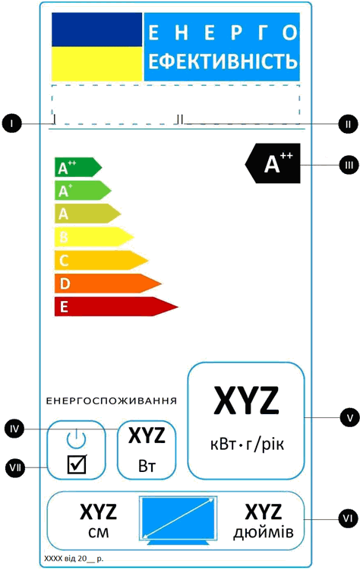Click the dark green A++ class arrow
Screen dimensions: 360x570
[x=77, y=167]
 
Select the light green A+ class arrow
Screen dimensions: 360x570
[x=83, y=191]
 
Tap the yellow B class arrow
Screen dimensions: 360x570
[x=93, y=237]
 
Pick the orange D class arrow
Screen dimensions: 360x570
[x=108, y=283]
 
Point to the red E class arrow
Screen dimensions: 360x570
[x=115, y=306]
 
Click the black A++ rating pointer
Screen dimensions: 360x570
[x=273, y=163]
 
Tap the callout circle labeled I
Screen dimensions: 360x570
[x=11, y=124]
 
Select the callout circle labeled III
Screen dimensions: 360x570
[x=349, y=165]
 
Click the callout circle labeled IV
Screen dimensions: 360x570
[x=14, y=429]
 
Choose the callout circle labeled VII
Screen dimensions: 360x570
[x=15, y=467]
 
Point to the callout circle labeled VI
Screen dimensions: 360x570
[x=348, y=518]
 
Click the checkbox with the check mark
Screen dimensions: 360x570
[x=77, y=464]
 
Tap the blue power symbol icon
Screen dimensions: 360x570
[x=76, y=438]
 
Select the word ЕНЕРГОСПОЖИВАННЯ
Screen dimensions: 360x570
[x=112, y=401]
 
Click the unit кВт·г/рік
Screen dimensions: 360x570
[x=247, y=445]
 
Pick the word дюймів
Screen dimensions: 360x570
[x=264, y=533]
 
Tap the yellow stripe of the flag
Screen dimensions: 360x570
[x=96, y=64]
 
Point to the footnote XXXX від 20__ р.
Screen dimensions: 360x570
[x=74, y=559]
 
